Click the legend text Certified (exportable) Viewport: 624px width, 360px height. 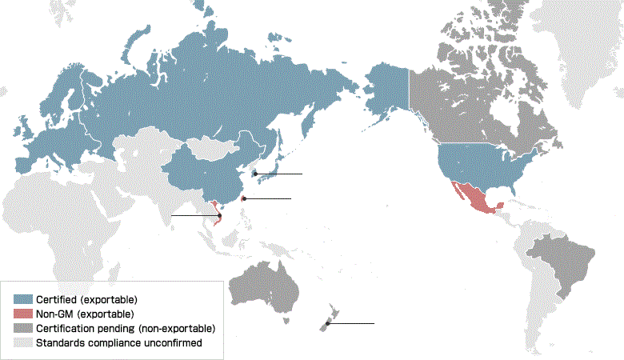[x=81, y=299]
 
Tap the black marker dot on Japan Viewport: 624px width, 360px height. [x=255, y=174]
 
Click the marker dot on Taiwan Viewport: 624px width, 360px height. [x=245, y=198]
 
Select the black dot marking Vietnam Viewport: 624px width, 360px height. [x=219, y=215]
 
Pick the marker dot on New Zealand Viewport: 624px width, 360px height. [x=327, y=323]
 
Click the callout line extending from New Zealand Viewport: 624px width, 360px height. [x=352, y=323]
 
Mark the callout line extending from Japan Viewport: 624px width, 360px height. [x=280, y=174]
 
